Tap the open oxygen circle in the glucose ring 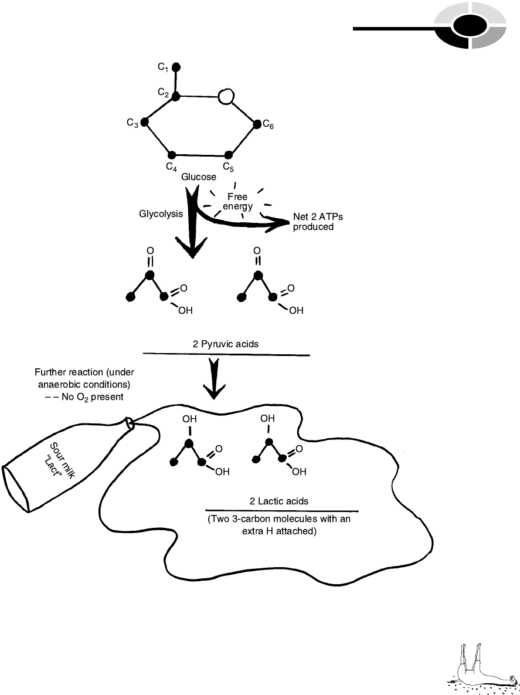coord(226,96)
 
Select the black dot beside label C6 coord(257,124)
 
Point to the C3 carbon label coord(132,123)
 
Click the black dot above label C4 coord(172,155)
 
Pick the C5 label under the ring coord(229,167)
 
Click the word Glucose coord(199,177)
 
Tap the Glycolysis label coord(161,215)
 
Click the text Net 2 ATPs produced coord(318,222)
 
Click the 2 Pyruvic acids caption coord(226,344)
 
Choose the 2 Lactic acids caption coord(279,501)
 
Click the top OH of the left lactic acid coord(189,420)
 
